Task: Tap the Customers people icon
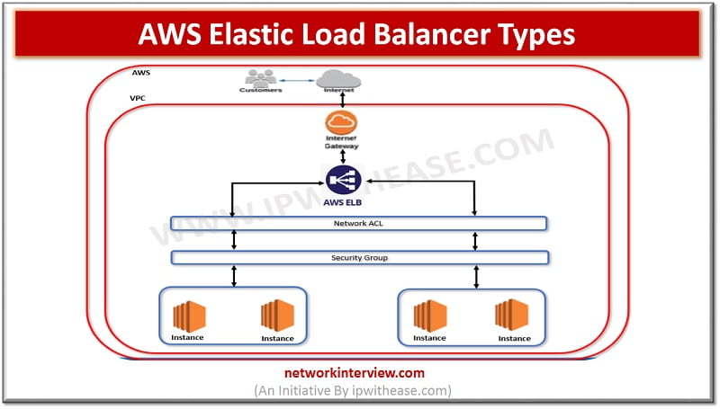click(x=261, y=78)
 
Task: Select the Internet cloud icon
click(x=334, y=78)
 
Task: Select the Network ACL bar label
click(x=358, y=221)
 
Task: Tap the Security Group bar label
click(x=358, y=258)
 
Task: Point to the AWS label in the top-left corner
click(x=140, y=72)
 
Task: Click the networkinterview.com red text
click(x=360, y=373)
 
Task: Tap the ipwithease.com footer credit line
click(x=360, y=390)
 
